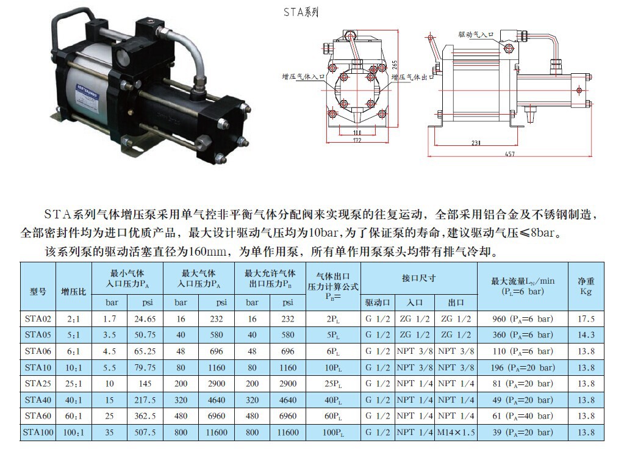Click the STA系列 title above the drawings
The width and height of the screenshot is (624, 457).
click(x=301, y=12)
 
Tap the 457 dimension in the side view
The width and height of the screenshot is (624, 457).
click(x=509, y=154)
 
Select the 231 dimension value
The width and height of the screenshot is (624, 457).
click(x=476, y=143)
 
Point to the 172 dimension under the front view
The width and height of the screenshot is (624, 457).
click(x=357, y=140)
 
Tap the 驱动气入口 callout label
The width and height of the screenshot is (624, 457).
click(x=476, y=35)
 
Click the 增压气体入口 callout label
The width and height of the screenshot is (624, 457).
click(x=304, y=76)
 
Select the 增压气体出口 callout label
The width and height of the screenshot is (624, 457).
click(x=413, y=77)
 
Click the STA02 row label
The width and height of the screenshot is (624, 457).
click(x=38, y=319)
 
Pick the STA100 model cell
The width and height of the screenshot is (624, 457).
click(x=38, y=433)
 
